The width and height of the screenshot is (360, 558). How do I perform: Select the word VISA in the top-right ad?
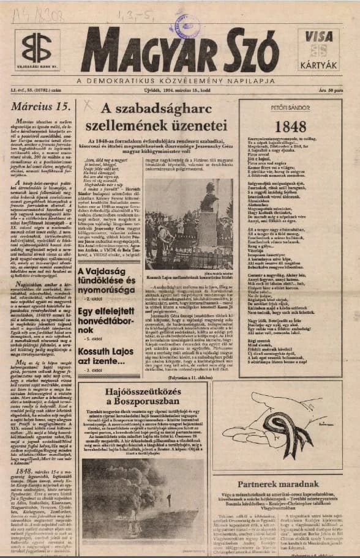point(318,36)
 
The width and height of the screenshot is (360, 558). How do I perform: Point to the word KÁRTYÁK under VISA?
point(318,65)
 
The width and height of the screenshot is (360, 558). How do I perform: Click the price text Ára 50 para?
point(331,89)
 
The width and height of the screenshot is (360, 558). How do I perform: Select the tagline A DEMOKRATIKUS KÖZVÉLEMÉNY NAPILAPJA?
point(179,81)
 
